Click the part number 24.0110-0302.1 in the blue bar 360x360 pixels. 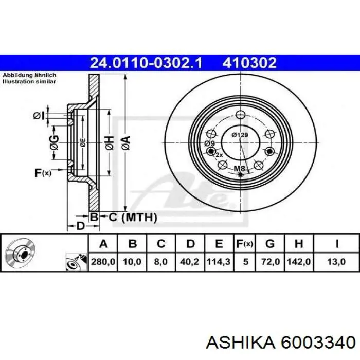pyautogui.click(x=146, y=63)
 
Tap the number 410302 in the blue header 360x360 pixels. pyautogui.click(x=249, y=63)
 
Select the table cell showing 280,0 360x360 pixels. pyautogui.click(x=103, y=262)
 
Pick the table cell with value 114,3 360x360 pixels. pyautogui.click(x=219, y=262)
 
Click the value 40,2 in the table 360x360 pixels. pyautogui.click(x=190, y=262)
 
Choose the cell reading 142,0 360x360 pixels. pyautogui.click(x=299, y=262)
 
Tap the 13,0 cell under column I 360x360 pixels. pyautogui.click(x=336, y=262)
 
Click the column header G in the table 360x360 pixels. pyautogui.click(x=270, y=244)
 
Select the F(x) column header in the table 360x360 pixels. pyautogui.click(x=245, y=244)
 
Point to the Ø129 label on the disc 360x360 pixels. pyautogui.click(x=240, y=135)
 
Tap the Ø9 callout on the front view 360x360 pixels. pyautogui.click(x=210, y=143)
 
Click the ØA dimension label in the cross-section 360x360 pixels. pyautogui.click(x=127, y=143)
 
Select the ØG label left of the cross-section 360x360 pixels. pyautogui.click(x=55, y=142)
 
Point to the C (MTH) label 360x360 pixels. pyautogui.click(x=133, y=217)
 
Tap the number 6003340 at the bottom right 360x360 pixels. pyautogui.click(x=318, y=343)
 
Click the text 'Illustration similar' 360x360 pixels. pyautogui.click(x=29, y=81)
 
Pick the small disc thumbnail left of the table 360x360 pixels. pyautogui.click(x=20, y=253)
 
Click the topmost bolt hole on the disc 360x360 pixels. pyautogui.click(x=241, y=115)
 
